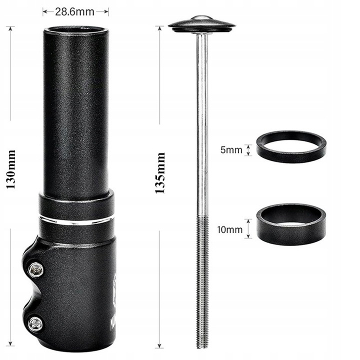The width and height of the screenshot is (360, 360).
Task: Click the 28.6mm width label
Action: tap(75, 10)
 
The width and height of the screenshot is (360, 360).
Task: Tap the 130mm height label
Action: tap(10, 169)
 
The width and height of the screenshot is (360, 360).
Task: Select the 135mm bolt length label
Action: tap(160, 173)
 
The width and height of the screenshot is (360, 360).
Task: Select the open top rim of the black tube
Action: tap(75, 29)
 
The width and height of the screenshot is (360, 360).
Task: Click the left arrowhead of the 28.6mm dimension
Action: tap(44, 10)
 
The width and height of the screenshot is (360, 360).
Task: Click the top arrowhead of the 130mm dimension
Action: tap(10, 28)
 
